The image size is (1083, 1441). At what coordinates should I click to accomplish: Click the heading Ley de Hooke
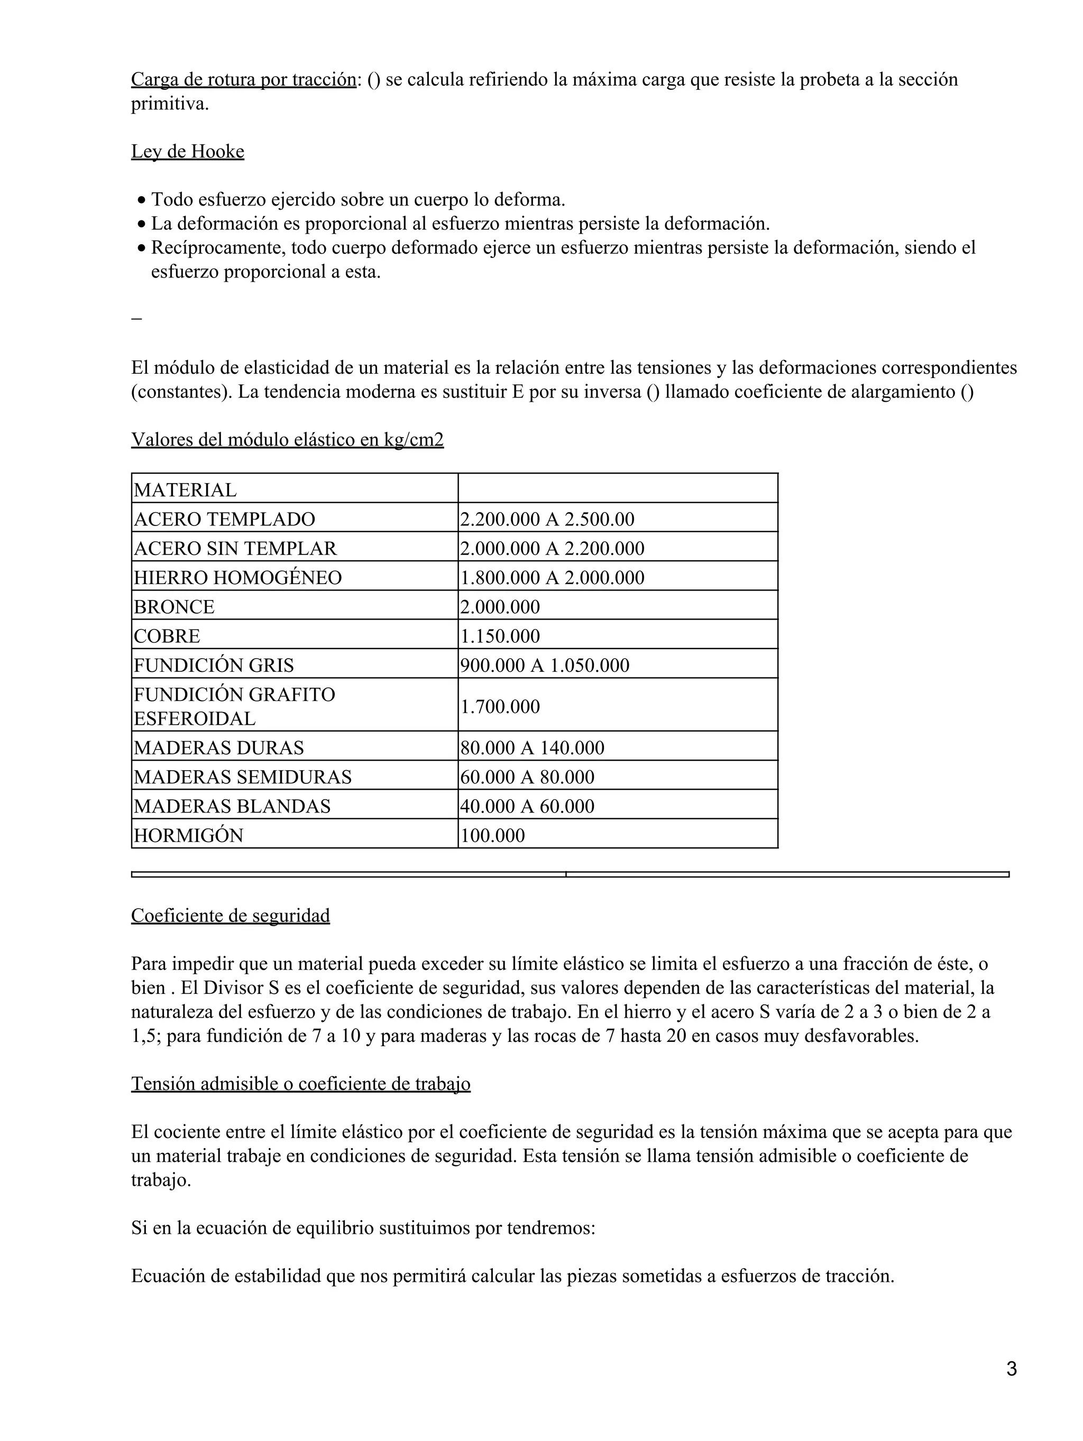click(x=188, y=152)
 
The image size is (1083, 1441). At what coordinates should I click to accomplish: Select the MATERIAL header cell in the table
click(x=185, y=489)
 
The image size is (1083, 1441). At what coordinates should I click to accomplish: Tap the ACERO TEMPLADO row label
click(x=224, y=519)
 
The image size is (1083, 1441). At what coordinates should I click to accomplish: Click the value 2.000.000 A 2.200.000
click(x=552, y=549)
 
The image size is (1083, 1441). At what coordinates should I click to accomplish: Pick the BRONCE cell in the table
click(x=174, y=606)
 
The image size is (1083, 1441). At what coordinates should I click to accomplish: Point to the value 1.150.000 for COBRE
click(x=500, y=636)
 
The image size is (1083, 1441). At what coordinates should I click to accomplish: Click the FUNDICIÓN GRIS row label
click(x=214, y=665)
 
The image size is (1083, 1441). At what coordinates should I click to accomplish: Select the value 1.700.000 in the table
click(x=500, y=706)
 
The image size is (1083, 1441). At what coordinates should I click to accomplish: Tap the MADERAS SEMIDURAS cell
click(x=242, y=777)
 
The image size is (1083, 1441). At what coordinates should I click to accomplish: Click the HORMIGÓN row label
click(x=188, y=835)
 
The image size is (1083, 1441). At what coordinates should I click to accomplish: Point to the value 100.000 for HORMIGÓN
click(x=493, y=835)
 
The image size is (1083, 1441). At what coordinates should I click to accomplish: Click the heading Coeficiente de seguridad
click(x=231, y=915)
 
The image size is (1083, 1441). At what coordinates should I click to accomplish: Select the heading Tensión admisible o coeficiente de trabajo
click(x=300, y=1083)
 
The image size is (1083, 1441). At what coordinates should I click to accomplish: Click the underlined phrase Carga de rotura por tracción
click(x=244, y=79)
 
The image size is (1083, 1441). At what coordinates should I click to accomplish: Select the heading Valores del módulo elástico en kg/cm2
click(x=287, y=440)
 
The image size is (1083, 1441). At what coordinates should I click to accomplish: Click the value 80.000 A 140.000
click(x=533, y=747)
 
